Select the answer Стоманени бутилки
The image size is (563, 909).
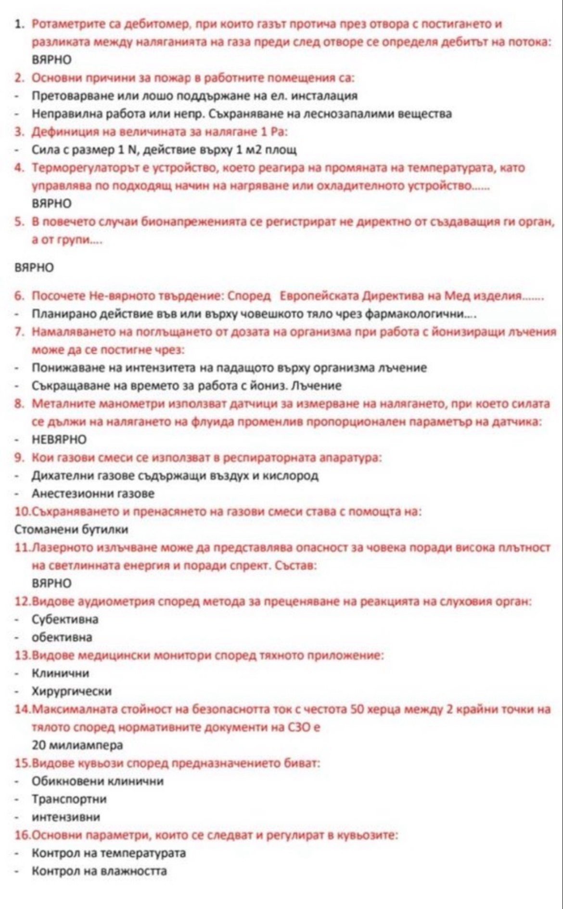click(x=72, y=529)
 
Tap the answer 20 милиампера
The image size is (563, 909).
click(x=77, y=745)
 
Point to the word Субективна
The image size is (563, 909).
click(x=65, y=619)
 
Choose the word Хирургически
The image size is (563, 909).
click(x=72, y=691)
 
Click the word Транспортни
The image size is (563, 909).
click(x=69, y=799)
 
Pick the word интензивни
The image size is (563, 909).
click(x=66, y=817)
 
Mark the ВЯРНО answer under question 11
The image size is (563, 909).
click(x=51, y=583)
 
